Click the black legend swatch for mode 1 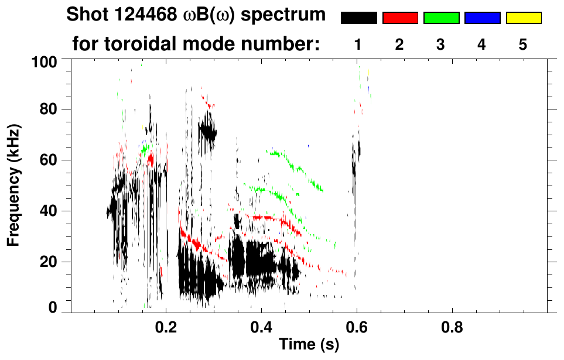click(x=358, y=18)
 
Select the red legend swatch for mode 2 click(x=400, y=18)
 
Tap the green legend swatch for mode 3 click(x=441, y=18)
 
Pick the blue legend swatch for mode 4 click(x=482, y=18)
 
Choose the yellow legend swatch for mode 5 click(x=523, y=18)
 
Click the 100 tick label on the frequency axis click(x=45, y=60)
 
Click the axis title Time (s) click(x=309, y=345)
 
